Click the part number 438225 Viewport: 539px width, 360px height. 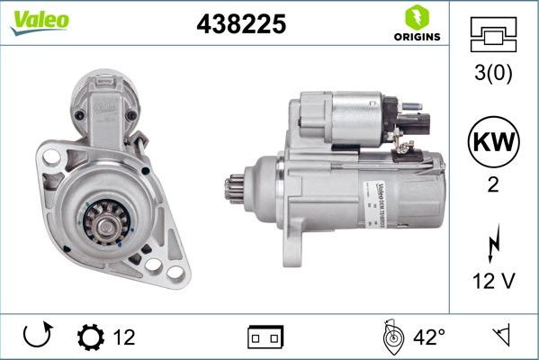tap(240, 24)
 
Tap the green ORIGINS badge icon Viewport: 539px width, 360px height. tap(416, 17)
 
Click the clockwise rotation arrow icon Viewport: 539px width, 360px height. tap(36, 337)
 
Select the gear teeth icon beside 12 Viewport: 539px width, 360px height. tap(92, 337)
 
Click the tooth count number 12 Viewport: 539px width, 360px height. tap(124, 337)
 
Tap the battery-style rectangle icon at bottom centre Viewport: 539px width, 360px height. tap(265, 338)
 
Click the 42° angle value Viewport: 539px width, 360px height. tap(429, 337)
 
